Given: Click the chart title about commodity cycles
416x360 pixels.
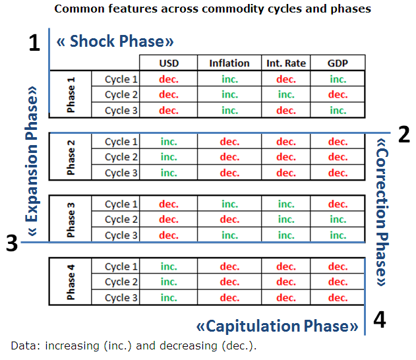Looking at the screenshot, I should pos(212,9).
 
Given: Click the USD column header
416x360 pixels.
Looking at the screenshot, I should pos(169,63).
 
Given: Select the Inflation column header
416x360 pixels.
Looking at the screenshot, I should pos(229,63).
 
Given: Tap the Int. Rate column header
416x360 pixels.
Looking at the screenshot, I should pos(286,63).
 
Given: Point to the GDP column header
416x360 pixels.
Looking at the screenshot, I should pos(338,63).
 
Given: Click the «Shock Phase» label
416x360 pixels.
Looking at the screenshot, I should pos(115,41).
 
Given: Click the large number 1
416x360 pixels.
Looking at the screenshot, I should pos(34,44).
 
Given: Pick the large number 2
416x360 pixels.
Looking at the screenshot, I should pos(404,135).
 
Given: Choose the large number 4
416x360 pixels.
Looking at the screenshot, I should pos(379,320).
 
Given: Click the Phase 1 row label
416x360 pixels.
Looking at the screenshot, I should pos(71,95).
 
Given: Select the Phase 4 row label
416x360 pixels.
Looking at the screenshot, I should pos(71,282).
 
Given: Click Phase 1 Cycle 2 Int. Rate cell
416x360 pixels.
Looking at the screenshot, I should pos(286,95).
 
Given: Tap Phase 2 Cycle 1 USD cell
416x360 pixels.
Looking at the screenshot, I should pos(169,142).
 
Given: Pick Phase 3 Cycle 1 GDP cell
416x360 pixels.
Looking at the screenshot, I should pos(338,204).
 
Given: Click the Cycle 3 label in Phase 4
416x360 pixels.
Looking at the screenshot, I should pos(121,297).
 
